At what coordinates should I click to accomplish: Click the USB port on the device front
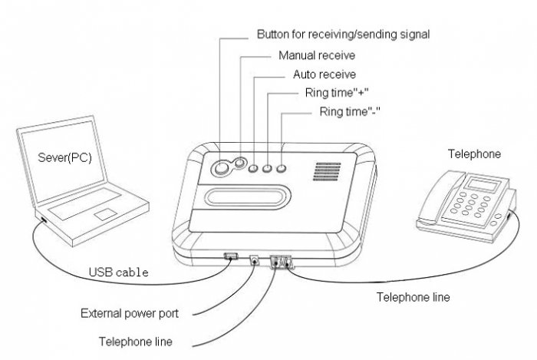coord(229,256)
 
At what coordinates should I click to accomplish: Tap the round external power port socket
coord(254,259)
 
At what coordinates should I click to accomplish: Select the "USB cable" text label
coord(118,272)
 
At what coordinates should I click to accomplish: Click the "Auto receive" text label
coord(324,75)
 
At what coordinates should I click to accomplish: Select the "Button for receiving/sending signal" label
coord(341,35)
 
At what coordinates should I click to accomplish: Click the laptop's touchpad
coord(107,214)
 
